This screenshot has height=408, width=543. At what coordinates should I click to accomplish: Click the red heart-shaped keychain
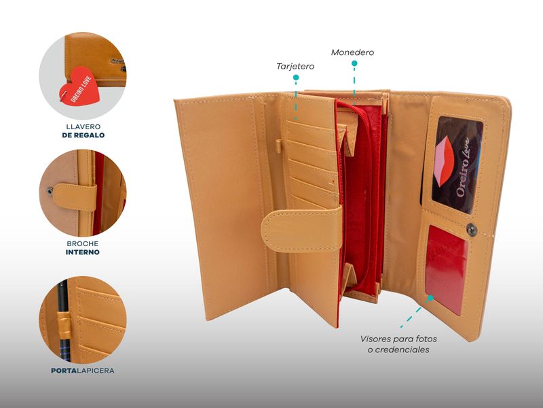point(79,87)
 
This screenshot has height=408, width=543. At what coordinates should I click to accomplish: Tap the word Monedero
point(352,52)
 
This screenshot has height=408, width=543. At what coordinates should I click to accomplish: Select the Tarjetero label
point(295,66)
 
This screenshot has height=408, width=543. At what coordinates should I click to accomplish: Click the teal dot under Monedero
point(354,63)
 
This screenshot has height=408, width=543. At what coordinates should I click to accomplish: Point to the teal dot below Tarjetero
point(296,78)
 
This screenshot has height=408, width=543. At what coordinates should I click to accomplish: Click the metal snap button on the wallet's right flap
point(472,230)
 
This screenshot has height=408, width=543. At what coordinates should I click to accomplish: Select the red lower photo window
point(446,269)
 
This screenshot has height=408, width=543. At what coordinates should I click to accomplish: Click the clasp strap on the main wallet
point(301,229)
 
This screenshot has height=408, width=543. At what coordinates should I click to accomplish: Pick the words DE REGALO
point(83,135)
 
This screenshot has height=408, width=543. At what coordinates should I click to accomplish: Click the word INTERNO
point(82,252)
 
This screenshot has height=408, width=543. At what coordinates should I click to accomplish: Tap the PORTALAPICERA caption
point(82,371)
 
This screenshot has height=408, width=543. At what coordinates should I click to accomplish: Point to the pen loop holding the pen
point(64,325)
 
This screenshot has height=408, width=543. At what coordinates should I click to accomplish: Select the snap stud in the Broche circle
point(50,190)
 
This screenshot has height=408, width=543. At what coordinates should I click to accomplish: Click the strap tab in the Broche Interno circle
point(75,197)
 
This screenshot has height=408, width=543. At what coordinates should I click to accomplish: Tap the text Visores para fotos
point(398,339)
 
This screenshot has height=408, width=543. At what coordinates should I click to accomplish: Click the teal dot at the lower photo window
point(430,298)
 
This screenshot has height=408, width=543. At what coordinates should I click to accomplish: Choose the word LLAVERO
point(83,126)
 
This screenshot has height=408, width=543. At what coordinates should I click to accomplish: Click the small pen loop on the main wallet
point(278,146)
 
